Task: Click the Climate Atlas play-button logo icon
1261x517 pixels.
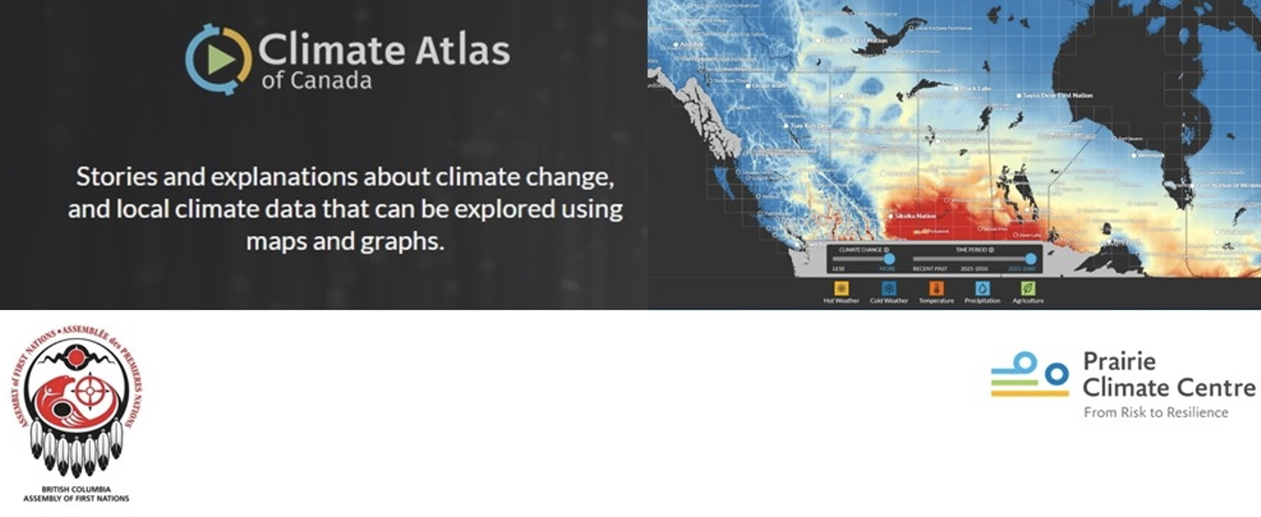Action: click(x=219, y=59)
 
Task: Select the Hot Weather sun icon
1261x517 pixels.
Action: click(x=841, y=288)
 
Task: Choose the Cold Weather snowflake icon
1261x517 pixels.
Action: click(x=889, y=288)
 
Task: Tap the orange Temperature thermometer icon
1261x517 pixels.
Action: click(x=936, y=288)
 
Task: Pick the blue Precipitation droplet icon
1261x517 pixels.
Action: click(x=982, y=288)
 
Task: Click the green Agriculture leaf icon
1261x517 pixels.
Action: click(x=1028, y=288)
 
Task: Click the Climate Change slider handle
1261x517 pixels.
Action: click(x=889, y=259)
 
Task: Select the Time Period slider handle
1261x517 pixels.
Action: click(x=1031, y=259)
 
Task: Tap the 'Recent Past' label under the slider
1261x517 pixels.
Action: click(x=930, y=268)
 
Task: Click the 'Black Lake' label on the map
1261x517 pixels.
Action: click(x=976, y=88)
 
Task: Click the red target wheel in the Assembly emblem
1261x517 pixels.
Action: click(x=89, y=392)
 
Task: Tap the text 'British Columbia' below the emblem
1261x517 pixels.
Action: click(x=76, y=489)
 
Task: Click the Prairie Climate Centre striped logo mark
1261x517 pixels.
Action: click(x=1030, y=375)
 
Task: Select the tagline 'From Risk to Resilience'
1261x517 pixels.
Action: click(x=1156, y=413)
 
